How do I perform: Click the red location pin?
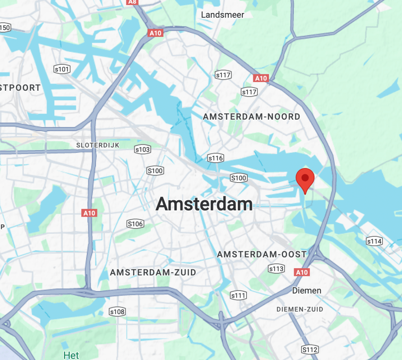pos(305,179)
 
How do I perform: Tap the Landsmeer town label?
pos(222,15)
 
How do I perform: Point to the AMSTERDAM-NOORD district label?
pos(251,117)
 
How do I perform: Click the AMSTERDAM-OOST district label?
pos(261,254)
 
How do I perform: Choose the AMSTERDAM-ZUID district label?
pos(153,272)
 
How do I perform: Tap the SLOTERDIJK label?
pos(98,145)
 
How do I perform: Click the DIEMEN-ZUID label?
pos(300,309)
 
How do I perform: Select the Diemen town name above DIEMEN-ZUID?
pos(307,291)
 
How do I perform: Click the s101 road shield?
pos(62,69)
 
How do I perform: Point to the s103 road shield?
pos(143,149)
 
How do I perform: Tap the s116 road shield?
pos(216,158)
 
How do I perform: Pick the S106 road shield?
pos(135,224)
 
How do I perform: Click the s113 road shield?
pos(276,269)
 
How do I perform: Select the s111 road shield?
pos(238,295)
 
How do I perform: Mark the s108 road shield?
pos(117,312)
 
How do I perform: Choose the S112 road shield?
pos(310,349)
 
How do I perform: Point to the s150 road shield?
pos(5,27)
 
